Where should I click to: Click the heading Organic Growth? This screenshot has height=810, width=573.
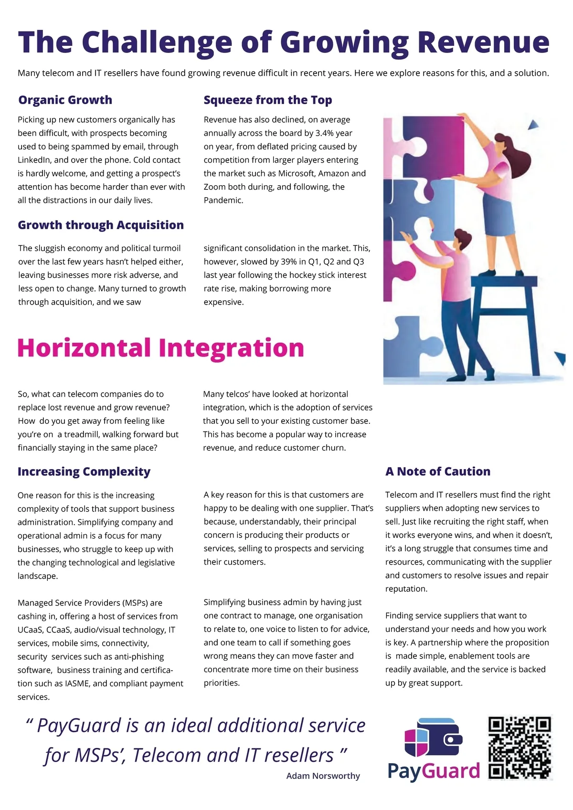coord(65,100)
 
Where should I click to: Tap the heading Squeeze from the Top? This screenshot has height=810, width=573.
coord(267,100)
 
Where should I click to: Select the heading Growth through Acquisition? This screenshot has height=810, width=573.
coord(101,225)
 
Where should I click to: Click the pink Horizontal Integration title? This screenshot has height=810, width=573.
coord(160,348)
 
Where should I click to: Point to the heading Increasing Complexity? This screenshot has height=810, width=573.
coord(84,472)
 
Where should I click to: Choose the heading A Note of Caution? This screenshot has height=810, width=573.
coord(437,472)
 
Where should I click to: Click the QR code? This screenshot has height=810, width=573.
coord(520,747)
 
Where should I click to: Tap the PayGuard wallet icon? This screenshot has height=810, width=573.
coord(433,738)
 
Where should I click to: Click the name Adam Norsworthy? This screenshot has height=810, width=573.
coord(323,776)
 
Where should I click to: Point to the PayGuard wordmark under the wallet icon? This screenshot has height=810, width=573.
coord(433,771)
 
